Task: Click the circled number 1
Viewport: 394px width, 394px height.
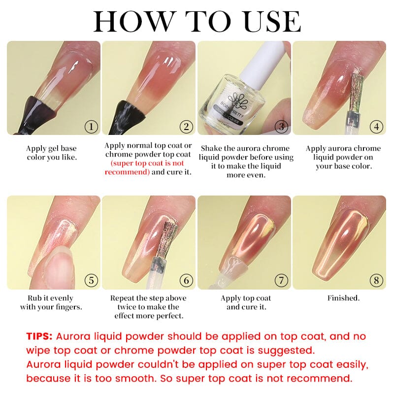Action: (91, 127)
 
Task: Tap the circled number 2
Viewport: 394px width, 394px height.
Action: (186, 127)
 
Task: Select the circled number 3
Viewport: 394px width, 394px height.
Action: (281, 127)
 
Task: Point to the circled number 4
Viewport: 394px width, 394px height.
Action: (376, 127)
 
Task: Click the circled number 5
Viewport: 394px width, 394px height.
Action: (91, 280)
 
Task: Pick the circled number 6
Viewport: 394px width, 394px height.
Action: (186, 280)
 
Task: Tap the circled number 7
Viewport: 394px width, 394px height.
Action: (281, 280)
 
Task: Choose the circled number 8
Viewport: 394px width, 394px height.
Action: (376, 280)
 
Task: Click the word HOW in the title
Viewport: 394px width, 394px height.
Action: (133, 22)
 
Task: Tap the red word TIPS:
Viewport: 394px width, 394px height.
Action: (39, 336)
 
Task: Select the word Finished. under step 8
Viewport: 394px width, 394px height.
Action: (343, 298)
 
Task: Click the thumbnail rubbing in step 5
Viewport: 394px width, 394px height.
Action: (57, 266)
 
